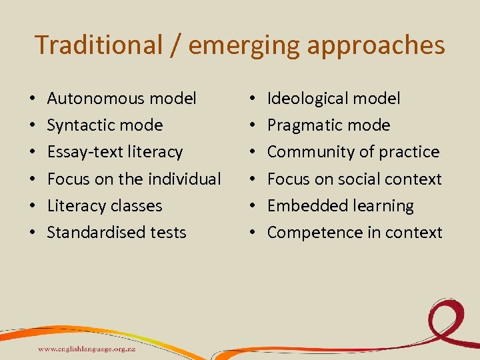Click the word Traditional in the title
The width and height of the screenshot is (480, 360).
coord(99,45)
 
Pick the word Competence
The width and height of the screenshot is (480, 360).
coord(305,232)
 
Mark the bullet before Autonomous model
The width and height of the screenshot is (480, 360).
coord(33,99)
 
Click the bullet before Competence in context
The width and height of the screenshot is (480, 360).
coord(253,233)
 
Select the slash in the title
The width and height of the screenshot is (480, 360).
coord(175,45)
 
